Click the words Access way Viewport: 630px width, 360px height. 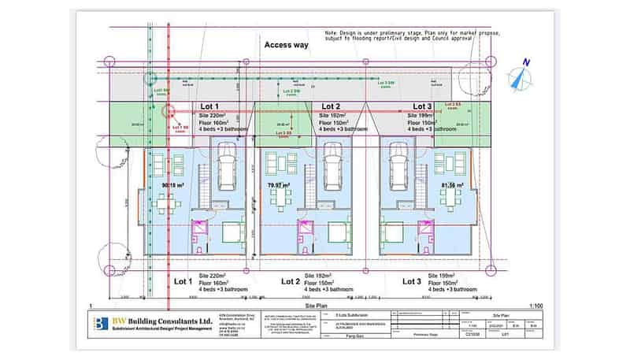coord(287,46)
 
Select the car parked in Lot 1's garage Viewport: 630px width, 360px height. coord(224,166)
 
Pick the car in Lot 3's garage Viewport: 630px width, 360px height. coord(398,166)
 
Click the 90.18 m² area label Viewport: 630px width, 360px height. coord(172,186)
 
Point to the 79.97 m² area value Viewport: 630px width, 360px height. coord(280,186)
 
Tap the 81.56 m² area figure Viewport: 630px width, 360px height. coord(453,186)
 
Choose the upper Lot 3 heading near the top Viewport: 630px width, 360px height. coord(422,106)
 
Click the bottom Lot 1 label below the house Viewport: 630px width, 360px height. coord(183,280)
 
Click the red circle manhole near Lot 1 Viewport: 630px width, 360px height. coord(167,113)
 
